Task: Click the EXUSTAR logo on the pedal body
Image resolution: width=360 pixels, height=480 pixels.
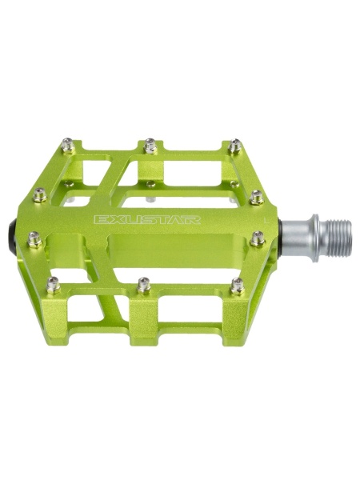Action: (x=147, y=220)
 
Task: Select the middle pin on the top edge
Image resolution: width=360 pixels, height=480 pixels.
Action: (x=150, y=146)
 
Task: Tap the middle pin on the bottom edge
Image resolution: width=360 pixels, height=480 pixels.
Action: (x=144, y=286)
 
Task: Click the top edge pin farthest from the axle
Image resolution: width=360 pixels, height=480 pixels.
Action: (x=68, y=145)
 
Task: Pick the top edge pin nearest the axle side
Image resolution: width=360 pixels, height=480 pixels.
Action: (x=234, y=146)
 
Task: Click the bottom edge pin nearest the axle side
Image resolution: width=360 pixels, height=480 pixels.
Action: (x=238, y=286)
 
